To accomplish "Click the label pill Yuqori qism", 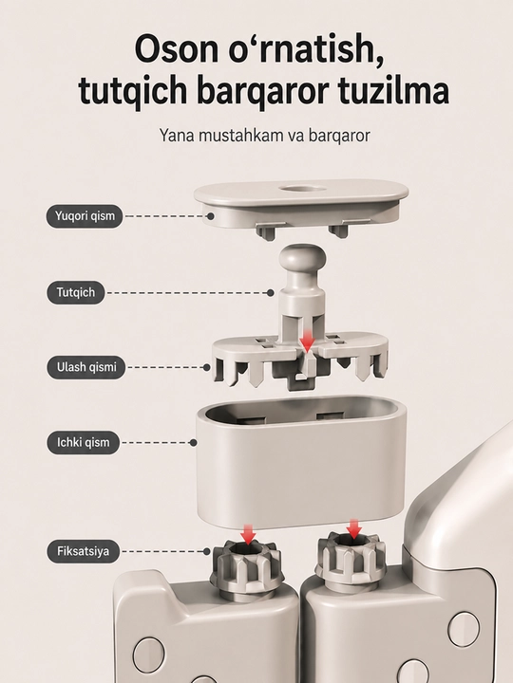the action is click(x=85, y=216).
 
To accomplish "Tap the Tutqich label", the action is click(x=76, y=292).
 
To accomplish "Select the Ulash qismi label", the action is click(x=86, y=367).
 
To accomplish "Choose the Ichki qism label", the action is click(x=83, y=443).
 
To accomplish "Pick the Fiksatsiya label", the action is click(x=83, y=551).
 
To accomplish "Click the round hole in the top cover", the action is click(x=302, y=190).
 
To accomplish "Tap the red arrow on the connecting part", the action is click(x=308, y=341).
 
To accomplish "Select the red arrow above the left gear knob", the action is click(x=248, y=534).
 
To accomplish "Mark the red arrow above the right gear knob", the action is click(x=353, y=529).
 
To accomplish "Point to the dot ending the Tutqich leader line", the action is click(x=271, y=293).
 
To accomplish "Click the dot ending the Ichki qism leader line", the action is click(x=193, y=443).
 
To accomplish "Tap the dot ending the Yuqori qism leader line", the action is click(x=210, y=216).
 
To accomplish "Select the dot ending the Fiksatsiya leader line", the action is click(x=207, y=551).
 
